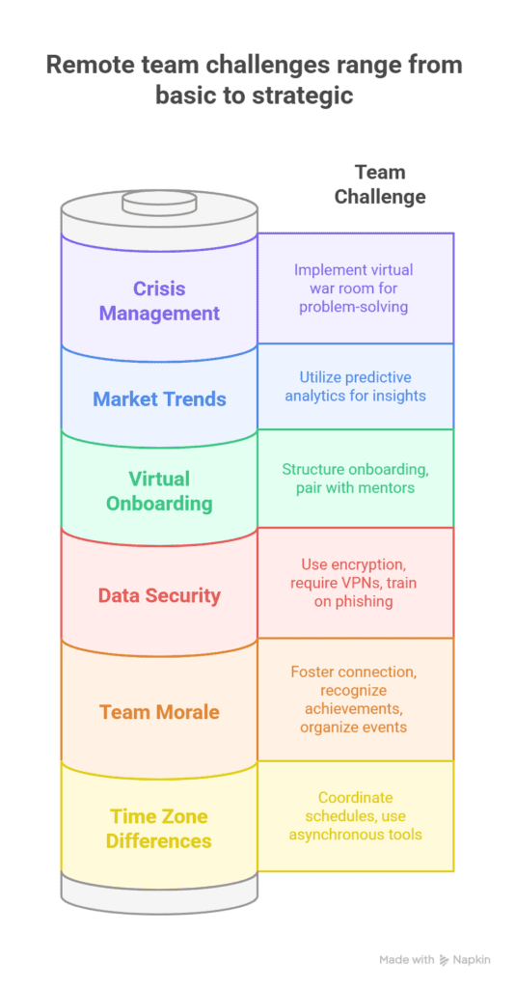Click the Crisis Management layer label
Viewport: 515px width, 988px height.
[x=160, y=300]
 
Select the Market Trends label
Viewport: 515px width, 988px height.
[x=160, y=398]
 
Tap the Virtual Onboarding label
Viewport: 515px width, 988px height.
[x=160, y=490]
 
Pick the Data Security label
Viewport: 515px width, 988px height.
[x=160, y=595]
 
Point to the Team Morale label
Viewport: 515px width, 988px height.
[x=160, y=712]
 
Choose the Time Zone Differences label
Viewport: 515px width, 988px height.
[x=160, y=828]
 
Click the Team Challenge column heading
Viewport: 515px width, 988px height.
[x=379, y=184]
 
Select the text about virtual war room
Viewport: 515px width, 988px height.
[x=356, y=288]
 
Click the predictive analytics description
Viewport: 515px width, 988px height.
[x=356, y=386]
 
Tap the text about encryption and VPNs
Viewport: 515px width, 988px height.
[x=356, y=583]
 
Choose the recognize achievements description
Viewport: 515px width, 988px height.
[x=356, y=700]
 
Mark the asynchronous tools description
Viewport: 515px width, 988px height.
[x=356, y=816]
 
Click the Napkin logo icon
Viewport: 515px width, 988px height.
[x=445, y=960]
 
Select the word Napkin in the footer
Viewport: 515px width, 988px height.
[x=472, y=960]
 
